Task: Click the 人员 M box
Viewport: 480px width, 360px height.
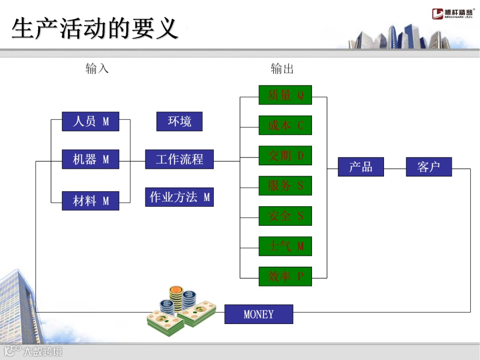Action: (91, 121)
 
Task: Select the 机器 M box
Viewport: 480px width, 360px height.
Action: (91, 159)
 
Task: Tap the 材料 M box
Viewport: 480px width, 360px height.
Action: (91, 201)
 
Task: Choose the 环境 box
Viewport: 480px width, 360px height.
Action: (179, 121)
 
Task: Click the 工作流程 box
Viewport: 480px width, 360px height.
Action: (179, 159)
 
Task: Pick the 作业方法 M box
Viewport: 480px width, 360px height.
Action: (179, 197)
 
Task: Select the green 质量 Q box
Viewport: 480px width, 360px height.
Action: (285, 95)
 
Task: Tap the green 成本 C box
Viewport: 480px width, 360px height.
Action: (285, 125)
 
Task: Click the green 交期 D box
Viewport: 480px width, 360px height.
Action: (285, 156)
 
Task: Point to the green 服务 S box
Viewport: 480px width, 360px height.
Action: (285, 186)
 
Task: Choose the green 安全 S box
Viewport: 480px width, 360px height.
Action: (285, 216)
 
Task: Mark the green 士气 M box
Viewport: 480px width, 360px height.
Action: (285, 246)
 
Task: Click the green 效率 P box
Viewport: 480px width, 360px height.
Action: (285, 276)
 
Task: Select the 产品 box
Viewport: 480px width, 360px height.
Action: (360, 167)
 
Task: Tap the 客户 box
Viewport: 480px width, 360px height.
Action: (429, 167)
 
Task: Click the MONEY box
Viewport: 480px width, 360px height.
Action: (259, 314)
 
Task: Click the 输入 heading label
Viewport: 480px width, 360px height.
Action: (97, 68)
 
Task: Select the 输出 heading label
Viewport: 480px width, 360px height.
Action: (282, 68)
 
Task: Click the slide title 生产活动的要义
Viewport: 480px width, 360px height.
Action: (95, 28)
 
